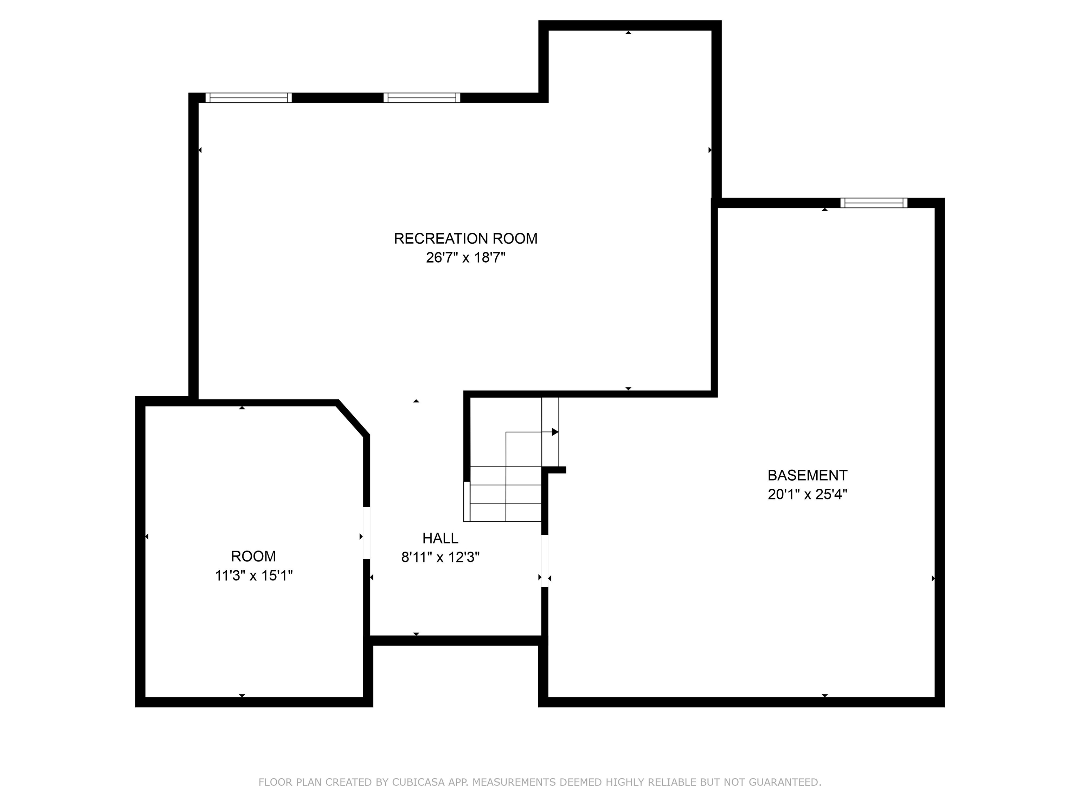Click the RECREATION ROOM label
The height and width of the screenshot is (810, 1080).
[465, 238]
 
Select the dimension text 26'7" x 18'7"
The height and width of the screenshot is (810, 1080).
[465, 257]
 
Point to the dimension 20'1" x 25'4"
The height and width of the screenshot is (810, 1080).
[807, 495]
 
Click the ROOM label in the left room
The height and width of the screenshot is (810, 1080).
[253, 556]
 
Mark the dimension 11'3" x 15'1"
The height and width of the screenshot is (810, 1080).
[253, 576]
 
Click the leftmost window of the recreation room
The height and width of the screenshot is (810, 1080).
[249, 98]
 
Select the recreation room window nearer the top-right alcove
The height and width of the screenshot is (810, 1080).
[422, 98]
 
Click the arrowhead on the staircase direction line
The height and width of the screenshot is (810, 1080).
[555, 432]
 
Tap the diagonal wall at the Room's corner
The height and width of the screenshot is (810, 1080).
[353, 418]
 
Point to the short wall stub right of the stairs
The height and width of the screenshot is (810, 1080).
[554, 470]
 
